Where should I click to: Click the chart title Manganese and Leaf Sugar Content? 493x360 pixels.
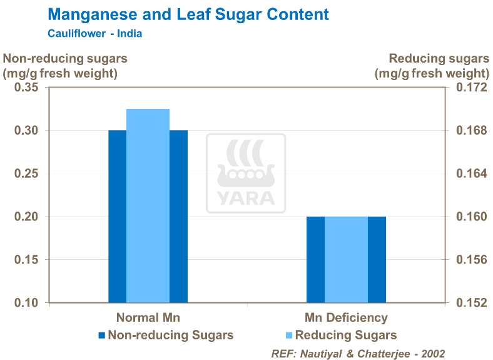pos(188,14)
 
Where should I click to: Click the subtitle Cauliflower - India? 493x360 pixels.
pos(94,33)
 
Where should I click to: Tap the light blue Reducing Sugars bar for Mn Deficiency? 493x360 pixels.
pos(346,259)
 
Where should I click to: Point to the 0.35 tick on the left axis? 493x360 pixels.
pos(26,88)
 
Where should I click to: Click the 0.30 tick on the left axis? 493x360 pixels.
pos(26,131)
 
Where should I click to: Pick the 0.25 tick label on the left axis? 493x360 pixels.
pos(26,173)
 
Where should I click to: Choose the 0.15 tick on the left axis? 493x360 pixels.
pos(26,260)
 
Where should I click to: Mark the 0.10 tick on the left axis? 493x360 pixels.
pos(26,303)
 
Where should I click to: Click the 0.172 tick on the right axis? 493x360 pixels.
pos(470,88)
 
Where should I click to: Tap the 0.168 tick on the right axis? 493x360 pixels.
pos(470,131)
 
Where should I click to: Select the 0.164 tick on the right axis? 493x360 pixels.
pos(470,173)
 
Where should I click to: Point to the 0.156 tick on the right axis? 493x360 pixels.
pos(470,260)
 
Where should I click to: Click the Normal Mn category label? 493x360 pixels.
pos(148,317)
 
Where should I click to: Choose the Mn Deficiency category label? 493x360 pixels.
pos(346,317)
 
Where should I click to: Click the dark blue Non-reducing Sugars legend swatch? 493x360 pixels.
pos(102,335)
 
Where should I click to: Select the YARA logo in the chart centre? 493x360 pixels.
pos(246,173)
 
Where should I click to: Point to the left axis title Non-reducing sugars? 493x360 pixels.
pos(66,59)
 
